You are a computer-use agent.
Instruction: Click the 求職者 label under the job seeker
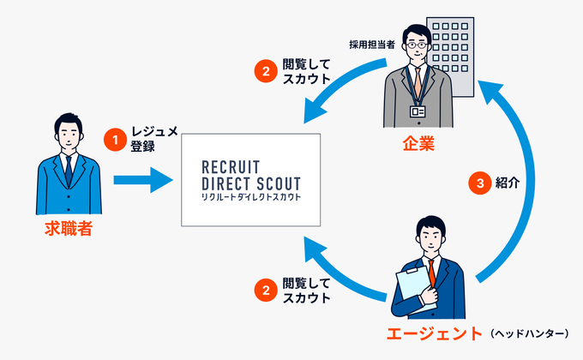(68, 229)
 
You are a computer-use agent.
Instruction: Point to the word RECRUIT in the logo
(229, 166)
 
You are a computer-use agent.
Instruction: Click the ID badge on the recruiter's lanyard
(418, 111)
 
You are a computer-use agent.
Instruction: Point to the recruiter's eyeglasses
(416, 44)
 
